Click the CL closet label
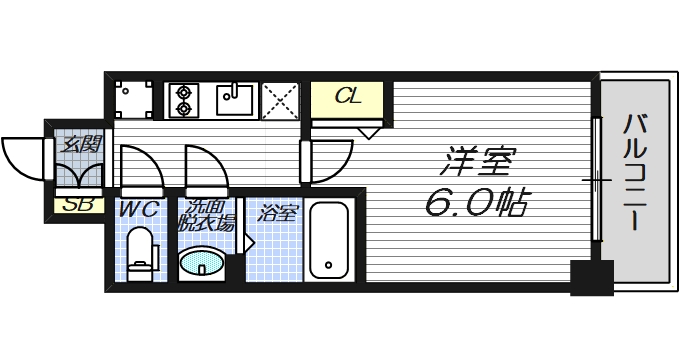pos(348,97)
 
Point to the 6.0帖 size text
pos(476,203)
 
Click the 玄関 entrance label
pos(79,143)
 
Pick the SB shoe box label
pos(74,206)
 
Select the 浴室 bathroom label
pos(277,212)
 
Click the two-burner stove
pos(184,99)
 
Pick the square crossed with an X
pos(280,100)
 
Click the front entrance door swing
pos(22,155)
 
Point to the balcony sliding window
pos(596,180)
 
